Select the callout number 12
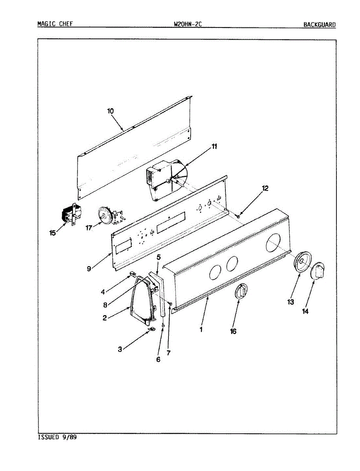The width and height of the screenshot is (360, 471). [265, 188]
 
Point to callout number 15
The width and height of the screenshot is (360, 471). [53, 233]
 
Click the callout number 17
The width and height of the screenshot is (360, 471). [88, 228]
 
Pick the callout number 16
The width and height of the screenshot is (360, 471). [233, 331]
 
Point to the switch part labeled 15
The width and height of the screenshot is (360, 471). [70, 215]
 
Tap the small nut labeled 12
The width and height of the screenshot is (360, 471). [239, 216]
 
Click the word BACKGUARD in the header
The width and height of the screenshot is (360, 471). [319, 25]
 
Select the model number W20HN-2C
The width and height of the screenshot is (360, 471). [188, 24]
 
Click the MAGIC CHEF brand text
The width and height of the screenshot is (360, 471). [55, 24]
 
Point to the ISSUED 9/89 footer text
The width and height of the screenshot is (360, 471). [57, 437]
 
